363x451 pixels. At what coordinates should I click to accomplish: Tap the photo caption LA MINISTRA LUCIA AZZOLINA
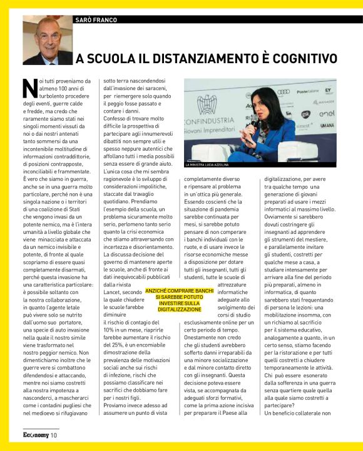click(x=215, y=165)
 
